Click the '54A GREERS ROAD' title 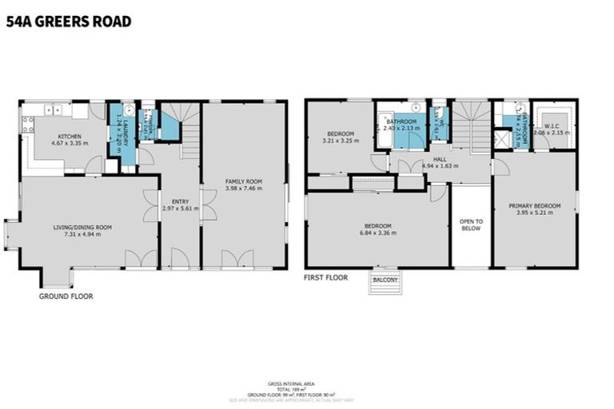click(x=68, y=22)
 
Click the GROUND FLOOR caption click(x=66, y=296)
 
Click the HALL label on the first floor click(x=440, y=159)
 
